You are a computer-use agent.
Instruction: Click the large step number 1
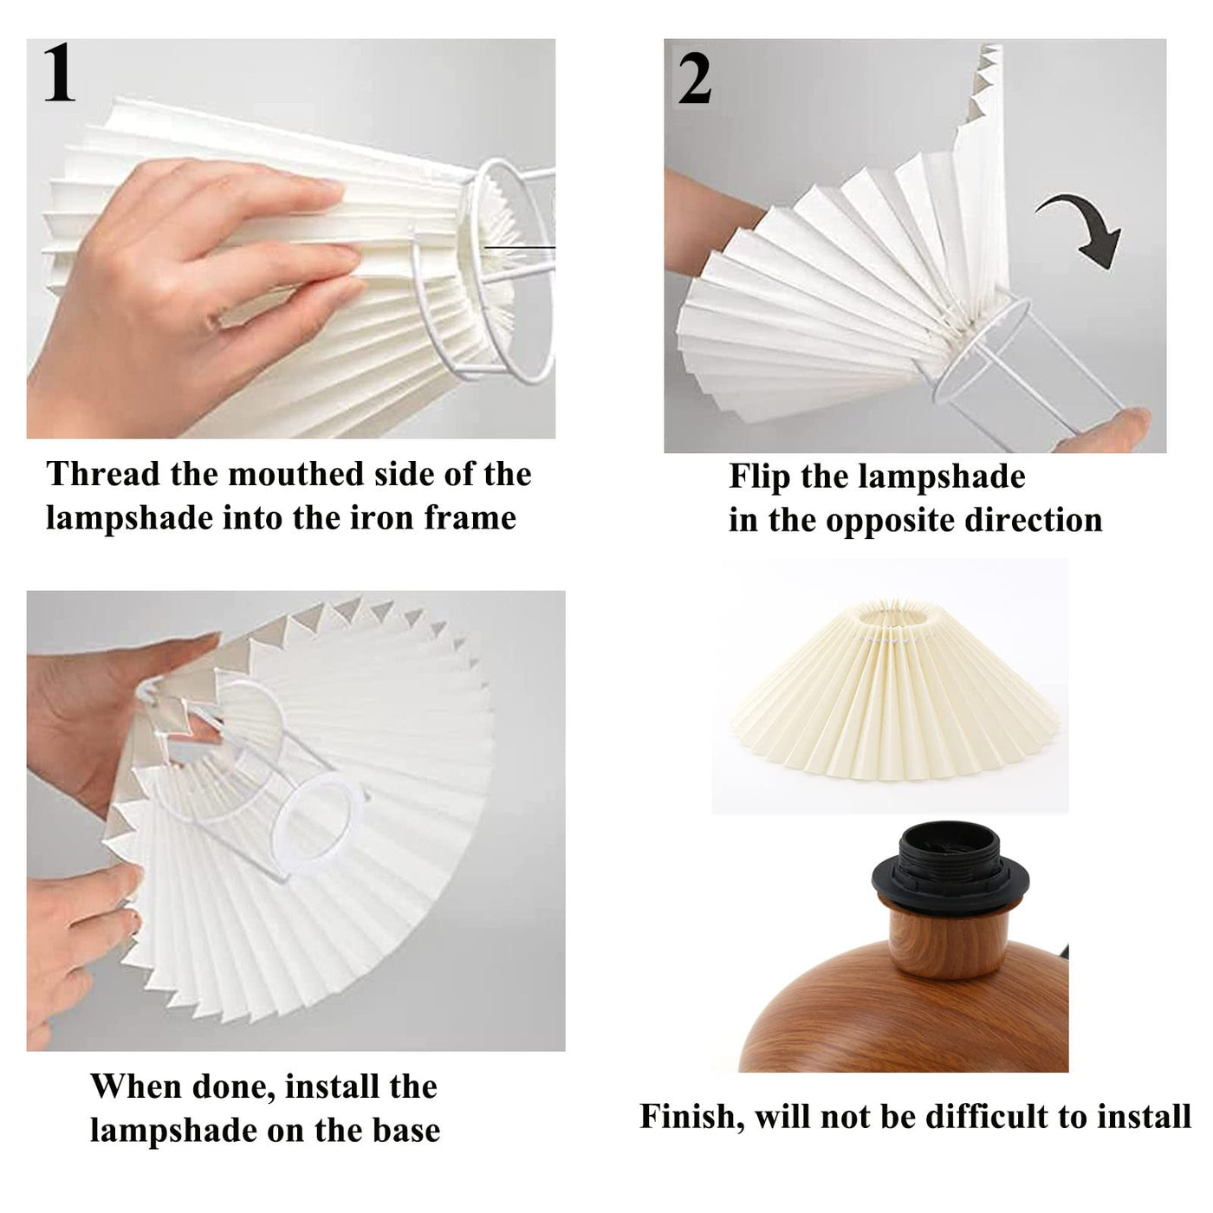click(x=59, y=74)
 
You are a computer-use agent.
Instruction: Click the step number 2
click(x=694, y=80)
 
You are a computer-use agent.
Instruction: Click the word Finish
click(x=691, y=1117)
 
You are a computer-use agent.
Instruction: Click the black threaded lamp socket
click(x=950, y=866)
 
